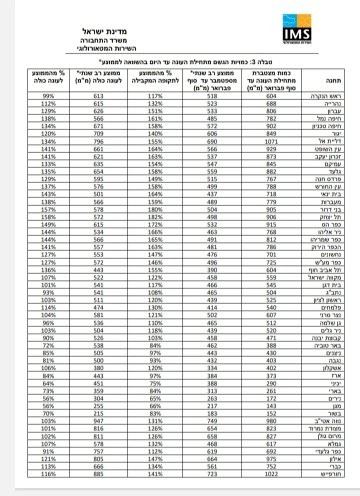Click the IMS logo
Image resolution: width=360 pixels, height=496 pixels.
tap(297, 30)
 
